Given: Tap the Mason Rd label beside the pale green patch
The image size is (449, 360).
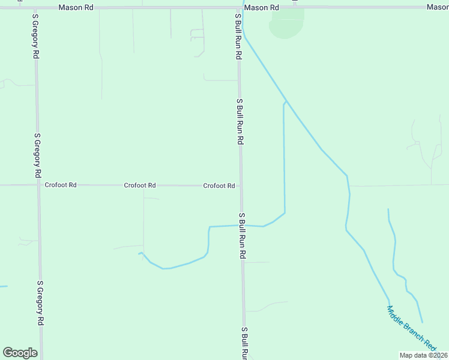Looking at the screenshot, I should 262,8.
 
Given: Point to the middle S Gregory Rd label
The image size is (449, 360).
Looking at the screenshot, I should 37,155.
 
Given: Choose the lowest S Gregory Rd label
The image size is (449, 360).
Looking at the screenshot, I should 40,303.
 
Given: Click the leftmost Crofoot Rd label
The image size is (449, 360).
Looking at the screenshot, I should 61,185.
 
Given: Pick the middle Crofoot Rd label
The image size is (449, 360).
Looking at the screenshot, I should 140,186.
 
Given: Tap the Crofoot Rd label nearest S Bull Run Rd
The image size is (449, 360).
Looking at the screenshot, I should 218,186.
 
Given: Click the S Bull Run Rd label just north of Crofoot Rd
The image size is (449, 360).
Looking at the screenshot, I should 240,121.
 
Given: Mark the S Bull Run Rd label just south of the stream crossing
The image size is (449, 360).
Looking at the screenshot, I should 243,235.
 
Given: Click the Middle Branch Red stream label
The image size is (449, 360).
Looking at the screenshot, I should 412,328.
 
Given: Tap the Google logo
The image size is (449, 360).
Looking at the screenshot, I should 20,353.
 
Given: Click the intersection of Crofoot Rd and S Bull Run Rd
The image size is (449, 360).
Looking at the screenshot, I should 241,186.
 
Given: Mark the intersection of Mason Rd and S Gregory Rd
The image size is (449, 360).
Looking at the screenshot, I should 34,7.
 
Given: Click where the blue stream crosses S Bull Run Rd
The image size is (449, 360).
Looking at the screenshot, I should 242,226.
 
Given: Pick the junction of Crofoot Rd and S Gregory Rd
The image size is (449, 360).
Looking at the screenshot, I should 38,185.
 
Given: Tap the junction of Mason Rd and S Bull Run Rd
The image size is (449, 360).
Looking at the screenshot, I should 238,7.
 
